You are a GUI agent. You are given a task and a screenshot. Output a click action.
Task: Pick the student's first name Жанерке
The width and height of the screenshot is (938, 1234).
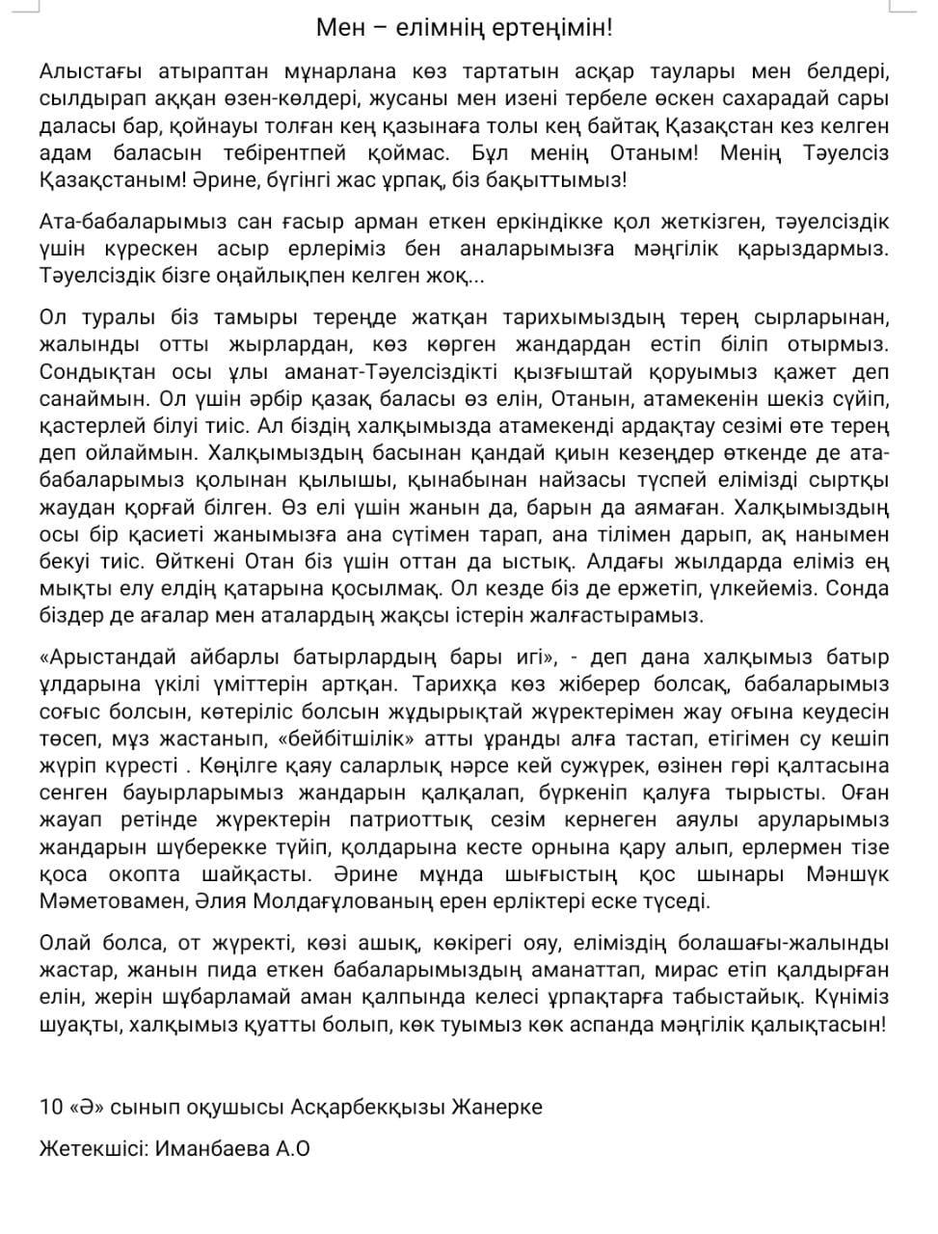(497, 1107)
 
